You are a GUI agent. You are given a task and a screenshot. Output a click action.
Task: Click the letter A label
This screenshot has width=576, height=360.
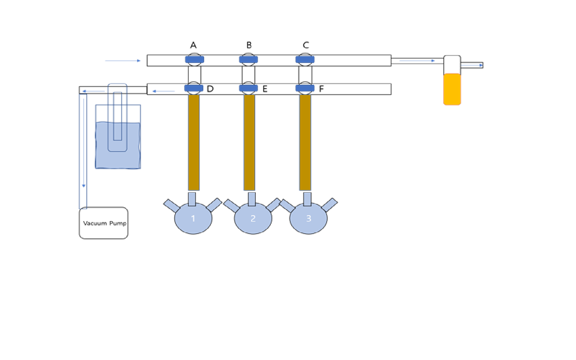[193, 45]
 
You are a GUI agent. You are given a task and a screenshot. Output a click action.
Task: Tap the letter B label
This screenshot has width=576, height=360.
[249, 45]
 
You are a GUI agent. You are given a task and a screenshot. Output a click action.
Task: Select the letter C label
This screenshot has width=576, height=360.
[306, 45]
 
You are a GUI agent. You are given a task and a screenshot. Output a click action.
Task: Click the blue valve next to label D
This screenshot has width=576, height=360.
[193, 88]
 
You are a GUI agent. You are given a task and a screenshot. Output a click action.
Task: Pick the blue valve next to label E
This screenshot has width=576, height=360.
[248, 88]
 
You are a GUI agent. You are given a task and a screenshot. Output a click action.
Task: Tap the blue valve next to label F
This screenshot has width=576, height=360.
[305, 88]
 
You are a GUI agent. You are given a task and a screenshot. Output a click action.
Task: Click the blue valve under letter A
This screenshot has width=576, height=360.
[194, 59]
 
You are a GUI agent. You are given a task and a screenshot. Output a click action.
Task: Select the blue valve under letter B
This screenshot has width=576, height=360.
[248, 59]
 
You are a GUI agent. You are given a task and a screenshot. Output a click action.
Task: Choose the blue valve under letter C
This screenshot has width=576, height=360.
[305, 59]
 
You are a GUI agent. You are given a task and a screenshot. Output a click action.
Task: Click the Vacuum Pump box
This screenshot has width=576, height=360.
[103, 223]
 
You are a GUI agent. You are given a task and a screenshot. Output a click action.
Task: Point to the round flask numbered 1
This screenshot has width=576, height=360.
[193, 219]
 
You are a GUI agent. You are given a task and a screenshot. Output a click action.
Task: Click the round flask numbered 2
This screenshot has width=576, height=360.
[253, 219]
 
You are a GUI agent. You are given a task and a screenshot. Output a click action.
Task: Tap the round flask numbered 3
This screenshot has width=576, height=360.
[308, 219]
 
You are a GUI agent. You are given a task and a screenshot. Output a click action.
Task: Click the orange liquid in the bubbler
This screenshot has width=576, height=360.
[452, 89]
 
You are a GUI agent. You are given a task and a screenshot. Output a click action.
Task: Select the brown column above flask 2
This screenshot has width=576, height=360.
[249, 142]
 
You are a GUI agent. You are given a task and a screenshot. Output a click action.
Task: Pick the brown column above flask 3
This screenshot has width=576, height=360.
[305, 142]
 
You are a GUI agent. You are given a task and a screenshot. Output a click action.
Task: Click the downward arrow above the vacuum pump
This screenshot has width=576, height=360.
[84, 185]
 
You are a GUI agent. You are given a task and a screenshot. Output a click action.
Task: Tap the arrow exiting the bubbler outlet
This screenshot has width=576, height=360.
[476, 65]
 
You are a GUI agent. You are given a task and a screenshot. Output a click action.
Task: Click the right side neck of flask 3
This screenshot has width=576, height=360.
[329, 205]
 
